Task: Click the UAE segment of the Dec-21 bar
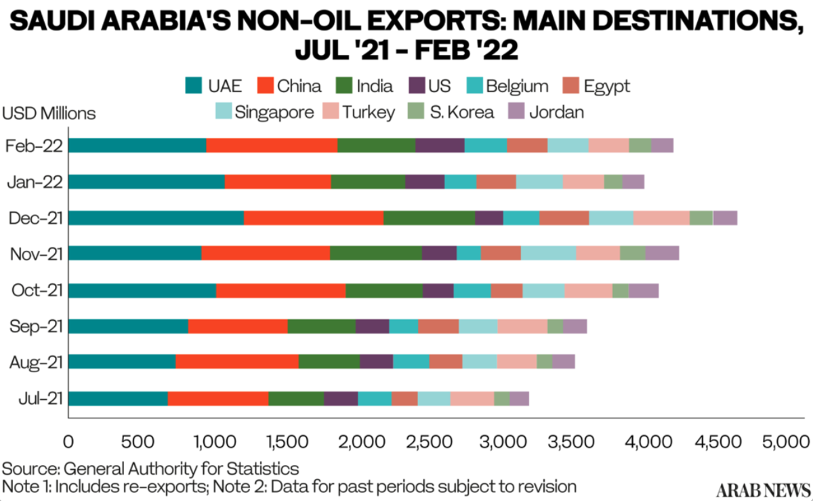click(156, 218)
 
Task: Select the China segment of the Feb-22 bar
click(272, 145)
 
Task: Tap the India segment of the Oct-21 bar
click(384, 290)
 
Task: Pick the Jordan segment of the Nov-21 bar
click(662, 254)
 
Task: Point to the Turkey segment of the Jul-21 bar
click(472, 399)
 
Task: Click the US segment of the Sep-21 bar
click(372, 326)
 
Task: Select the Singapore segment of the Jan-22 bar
click(539, 181)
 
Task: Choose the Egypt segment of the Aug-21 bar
click(446, 362)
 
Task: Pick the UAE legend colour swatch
click(194, 86)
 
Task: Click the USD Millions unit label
click(49, 113)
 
